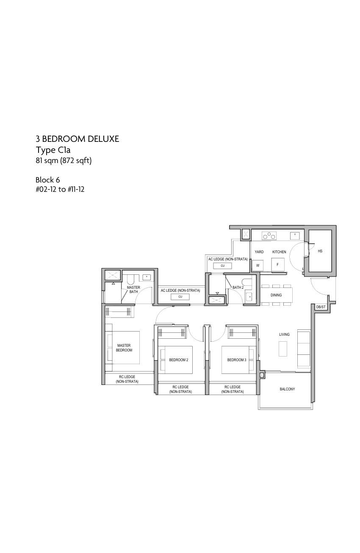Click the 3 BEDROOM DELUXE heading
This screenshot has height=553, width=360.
(77, 139)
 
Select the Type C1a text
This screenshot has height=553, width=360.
(53, 150)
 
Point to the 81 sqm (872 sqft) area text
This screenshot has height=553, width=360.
(64, 160)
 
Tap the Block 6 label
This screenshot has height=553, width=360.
(48, 180)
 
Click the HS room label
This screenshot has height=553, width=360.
(320, 251)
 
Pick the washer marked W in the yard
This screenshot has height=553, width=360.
(258, 265)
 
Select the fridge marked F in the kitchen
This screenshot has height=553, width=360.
(277, 265)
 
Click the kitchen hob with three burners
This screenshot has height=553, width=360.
(269, 236)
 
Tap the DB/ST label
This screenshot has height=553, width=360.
(321, 307)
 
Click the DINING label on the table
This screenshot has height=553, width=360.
(276, 295)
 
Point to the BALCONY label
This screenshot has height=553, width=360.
(287, 389)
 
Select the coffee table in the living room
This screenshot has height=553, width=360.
(283, 348)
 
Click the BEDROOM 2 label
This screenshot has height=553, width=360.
(179, 360)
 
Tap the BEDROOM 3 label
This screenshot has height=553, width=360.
(237, 360)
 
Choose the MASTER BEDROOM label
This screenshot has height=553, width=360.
(124, 348)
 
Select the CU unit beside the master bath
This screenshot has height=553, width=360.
(180, 296)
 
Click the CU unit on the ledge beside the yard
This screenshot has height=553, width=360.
(222, 265)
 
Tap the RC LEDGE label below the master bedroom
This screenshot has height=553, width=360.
(127, 379)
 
